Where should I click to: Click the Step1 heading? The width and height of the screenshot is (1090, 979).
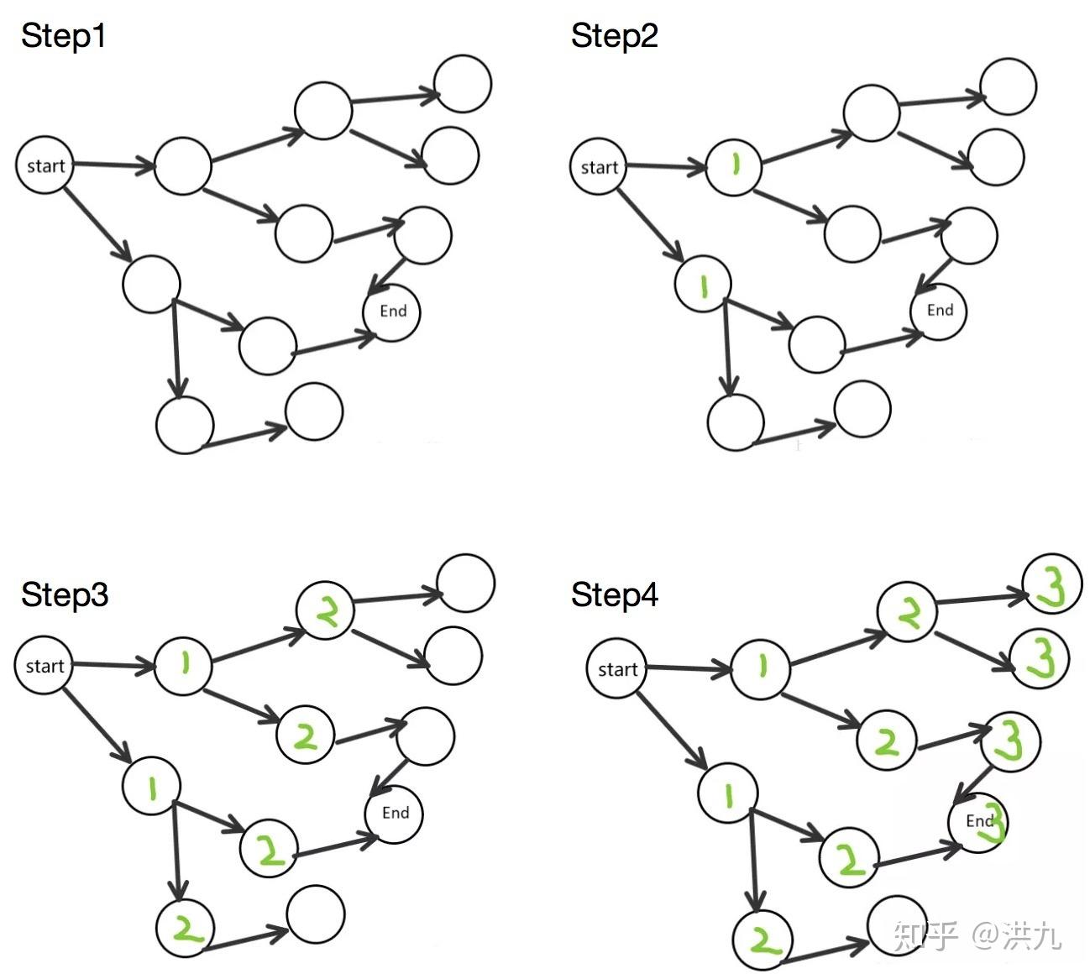pyautogui.click(x=63, y=36)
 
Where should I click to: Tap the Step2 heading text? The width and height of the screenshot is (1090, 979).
pyautogui.click(x=614, y=36)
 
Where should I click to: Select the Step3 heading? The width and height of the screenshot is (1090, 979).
pyautogui.click(x=65, y=594)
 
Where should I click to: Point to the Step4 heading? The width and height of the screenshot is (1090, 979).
pyautogui.click(x=614, y=595)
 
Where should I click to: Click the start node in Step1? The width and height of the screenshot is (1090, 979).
pyautogui.click(x=45, y=165)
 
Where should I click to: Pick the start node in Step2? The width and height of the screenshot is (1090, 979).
pyautogui.click(x=599, y=167)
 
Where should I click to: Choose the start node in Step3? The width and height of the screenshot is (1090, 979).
pyautogui.click(x=45, y=666)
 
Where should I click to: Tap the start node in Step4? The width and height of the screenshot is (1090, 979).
pyautogui.click(x=617, y=669)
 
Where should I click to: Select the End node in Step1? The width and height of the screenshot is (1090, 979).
pyautogui.click(x=392, y=311)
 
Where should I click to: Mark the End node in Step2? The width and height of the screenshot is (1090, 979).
pyautogui.click(x=940, y=311)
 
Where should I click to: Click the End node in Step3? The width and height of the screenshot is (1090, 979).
pyautogui.click(x=395, y=813)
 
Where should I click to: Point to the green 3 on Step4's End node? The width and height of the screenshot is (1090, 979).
pyautogui.click(x=996, y=822)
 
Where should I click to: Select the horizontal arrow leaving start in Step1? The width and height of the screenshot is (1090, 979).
pyautogui.click(x=113, y=166)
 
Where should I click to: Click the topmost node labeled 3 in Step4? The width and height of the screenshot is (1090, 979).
pyautogui.click(x=1051, y=584)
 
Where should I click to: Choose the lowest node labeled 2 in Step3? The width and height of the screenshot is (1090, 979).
pyautogui.click(x=186, y=928)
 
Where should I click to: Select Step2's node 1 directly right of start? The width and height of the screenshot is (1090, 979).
pyautogui.click(x=734, y=167)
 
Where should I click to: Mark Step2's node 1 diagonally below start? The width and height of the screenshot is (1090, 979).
pyautogui.click(x=703, y=285)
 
